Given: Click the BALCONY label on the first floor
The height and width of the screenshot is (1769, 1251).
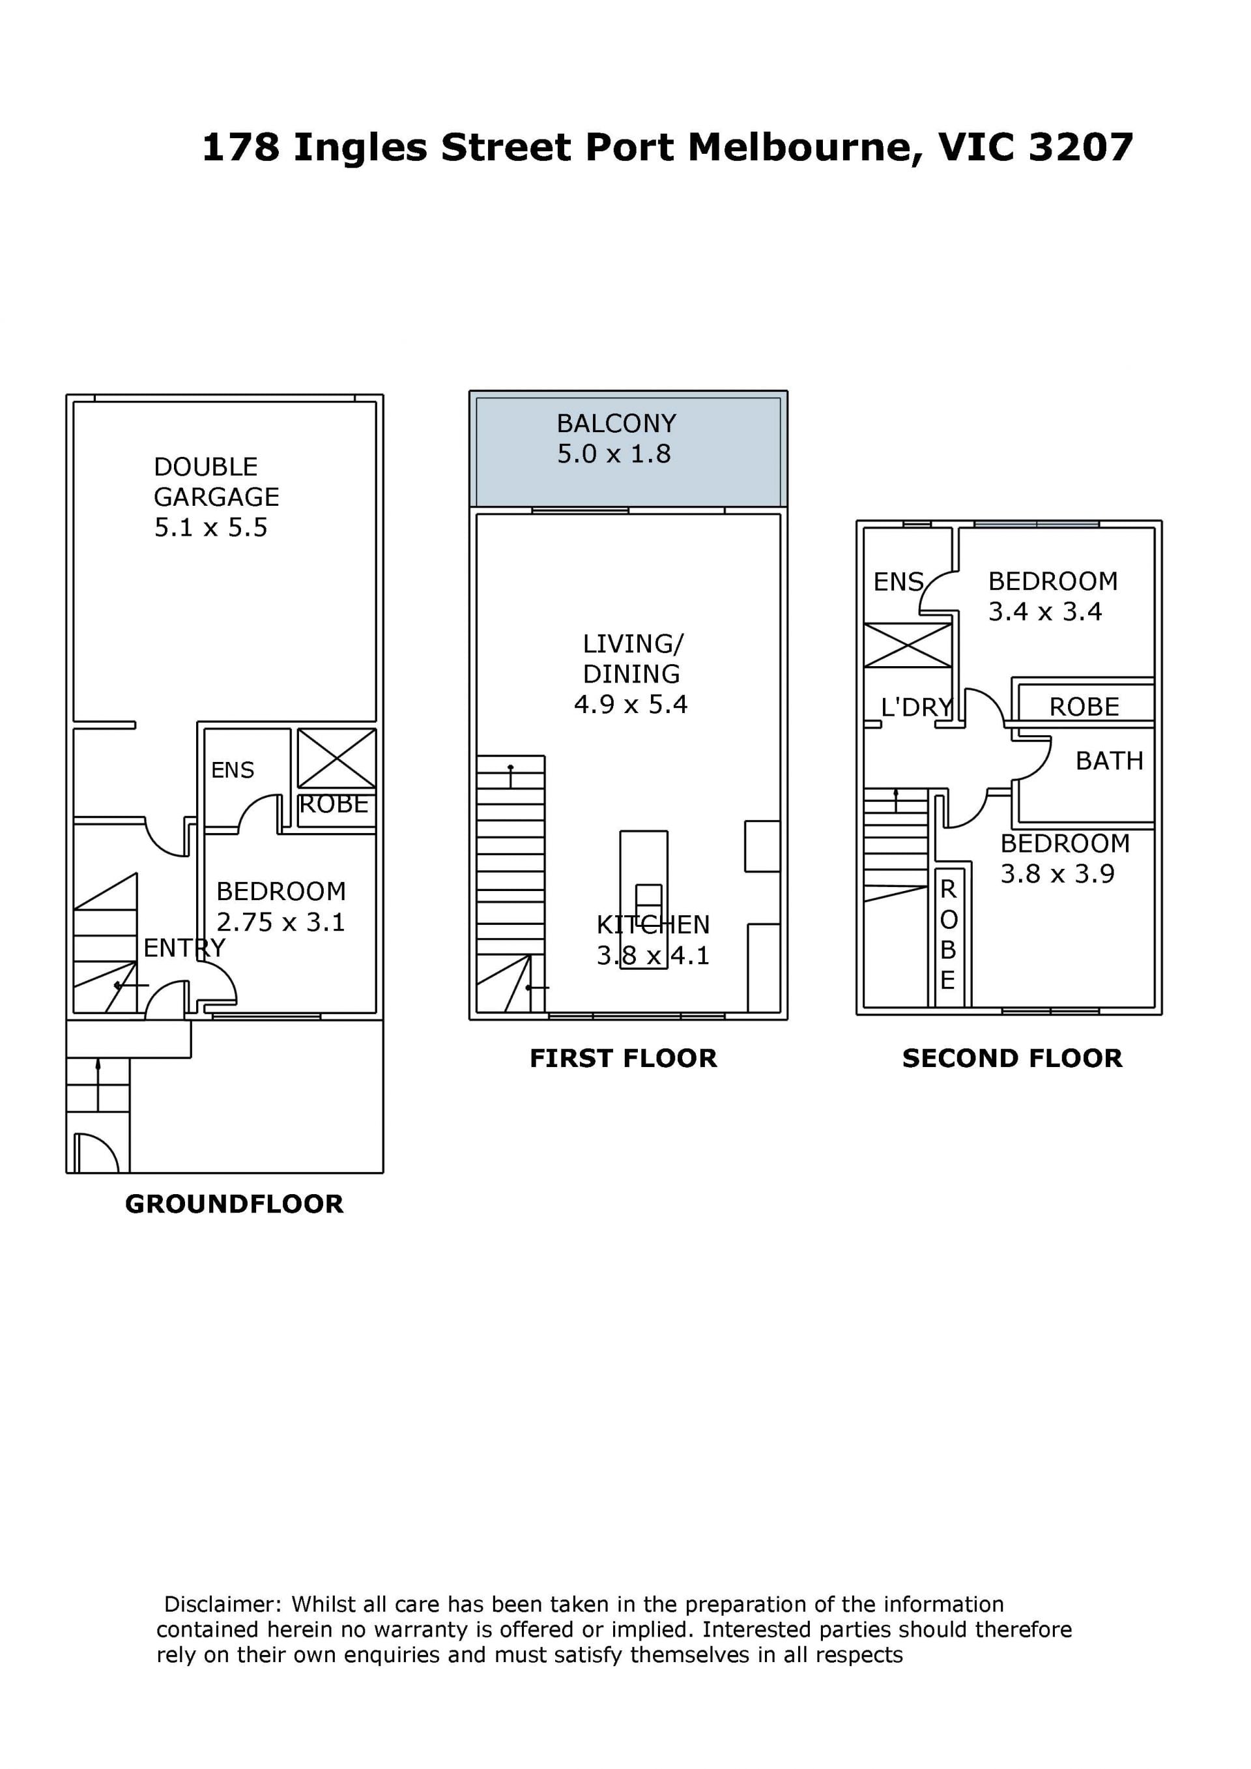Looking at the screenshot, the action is coord(616,424).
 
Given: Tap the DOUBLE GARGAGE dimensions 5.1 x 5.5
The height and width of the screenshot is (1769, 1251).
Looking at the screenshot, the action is coord(210,528).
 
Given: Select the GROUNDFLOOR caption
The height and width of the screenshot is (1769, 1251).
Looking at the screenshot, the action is coord(234,1205).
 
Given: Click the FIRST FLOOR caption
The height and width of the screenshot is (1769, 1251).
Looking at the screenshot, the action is coord(623,1059).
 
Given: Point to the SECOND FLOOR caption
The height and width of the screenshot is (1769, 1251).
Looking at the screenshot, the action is coord(1012,1059).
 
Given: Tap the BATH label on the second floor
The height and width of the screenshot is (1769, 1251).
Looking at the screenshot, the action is coord(1109,761).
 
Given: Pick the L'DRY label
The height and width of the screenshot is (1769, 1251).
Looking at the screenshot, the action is coord(917,707).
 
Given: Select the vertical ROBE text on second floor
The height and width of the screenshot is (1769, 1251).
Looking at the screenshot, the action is coord(948,935).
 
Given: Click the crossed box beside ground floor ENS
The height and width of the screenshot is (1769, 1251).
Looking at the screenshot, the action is coord(337,759).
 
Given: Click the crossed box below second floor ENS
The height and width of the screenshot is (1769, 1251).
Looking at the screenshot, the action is coord(908,646).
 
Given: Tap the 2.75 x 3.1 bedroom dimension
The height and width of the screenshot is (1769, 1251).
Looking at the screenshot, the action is coord(280,922).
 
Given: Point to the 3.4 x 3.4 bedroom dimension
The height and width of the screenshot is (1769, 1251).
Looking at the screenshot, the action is coord(1045,613).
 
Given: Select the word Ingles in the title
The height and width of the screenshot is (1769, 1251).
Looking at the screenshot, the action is coord(360,147).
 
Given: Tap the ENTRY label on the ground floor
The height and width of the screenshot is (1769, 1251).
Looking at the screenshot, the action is coord(185,948).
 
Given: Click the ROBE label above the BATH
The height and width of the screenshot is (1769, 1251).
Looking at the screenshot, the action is coord(1084,707).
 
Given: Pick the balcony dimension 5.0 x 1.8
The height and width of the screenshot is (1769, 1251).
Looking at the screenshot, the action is coord(614,454).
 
